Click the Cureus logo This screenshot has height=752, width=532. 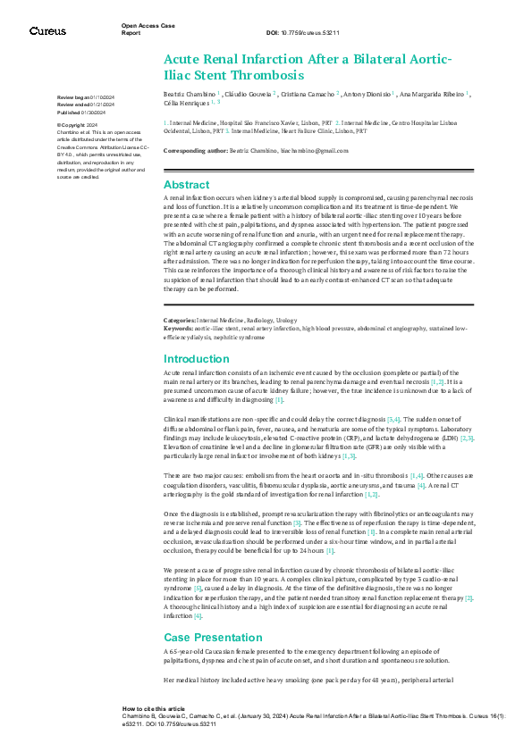(47, 30)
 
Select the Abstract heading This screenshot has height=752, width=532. (187, 184)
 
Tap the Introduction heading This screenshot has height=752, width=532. (197, 358)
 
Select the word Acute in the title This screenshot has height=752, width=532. (188, 59)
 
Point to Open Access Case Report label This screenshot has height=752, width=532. (143, 29)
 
